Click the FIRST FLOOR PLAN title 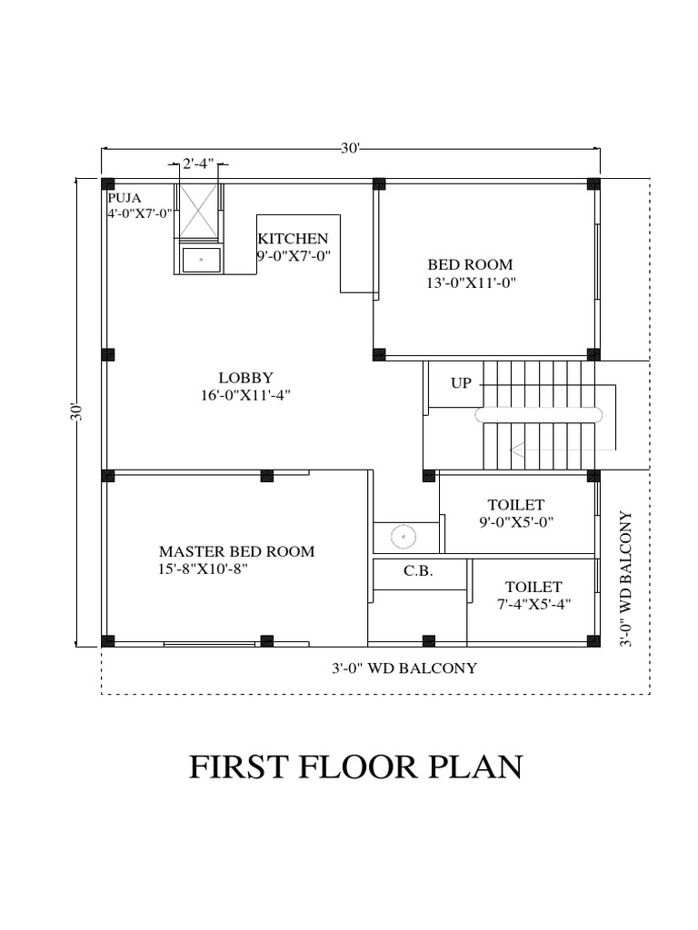coord(355,767)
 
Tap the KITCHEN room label coord(293,238)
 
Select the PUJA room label coord(125,197)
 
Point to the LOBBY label coord(245,377)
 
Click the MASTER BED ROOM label coord(236,551)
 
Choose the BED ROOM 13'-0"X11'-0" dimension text coord(471,282)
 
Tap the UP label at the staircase coord(462,383)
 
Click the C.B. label coord(418,572)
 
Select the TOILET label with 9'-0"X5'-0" coord(515,504)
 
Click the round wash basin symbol coord(403,537)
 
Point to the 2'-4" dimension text coord(198,164)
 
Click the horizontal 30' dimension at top coord(351,148)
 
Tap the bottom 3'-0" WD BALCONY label coord(404,668)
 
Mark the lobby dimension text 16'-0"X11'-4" coord(245,394)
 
